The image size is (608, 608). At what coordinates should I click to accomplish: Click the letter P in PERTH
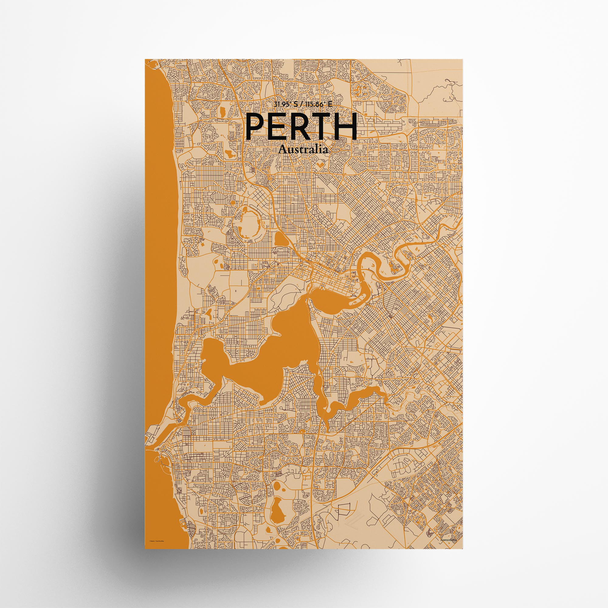click(x=256, y=126)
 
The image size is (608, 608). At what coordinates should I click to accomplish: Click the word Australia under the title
click(x=303, y=150)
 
